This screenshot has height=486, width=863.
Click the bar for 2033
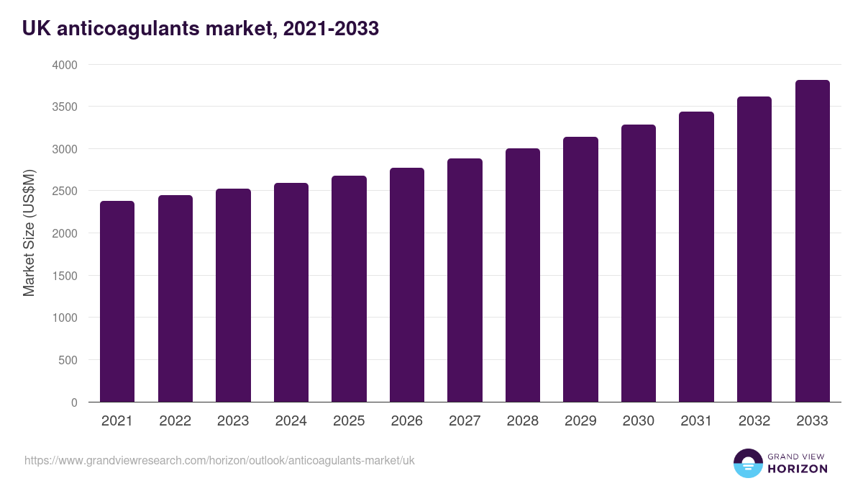coord(812,241)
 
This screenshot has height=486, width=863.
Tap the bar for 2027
coord(465,280)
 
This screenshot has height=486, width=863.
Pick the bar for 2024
coord(291,292)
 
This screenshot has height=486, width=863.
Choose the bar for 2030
coord(638,263)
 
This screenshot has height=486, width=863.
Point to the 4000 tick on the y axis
coord(65,65)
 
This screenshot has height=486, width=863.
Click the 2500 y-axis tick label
coord(65,191)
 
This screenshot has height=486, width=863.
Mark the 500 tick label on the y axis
coord(68,360)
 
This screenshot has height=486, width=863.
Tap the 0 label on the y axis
coord(74,402)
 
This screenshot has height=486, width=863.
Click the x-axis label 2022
coord(175,421)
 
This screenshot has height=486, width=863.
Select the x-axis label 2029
coord(580,421)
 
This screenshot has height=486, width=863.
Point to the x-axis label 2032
coord(754,421)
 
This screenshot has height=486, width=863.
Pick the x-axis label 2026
coord(406,421)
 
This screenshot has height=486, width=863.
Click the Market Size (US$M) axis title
coord(29,233)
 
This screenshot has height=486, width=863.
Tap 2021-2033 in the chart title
coord(331,29)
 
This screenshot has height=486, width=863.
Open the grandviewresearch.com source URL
coord(219,460)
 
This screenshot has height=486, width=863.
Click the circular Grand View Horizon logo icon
coord(747,463)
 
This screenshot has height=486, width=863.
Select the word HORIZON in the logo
coord(797,469)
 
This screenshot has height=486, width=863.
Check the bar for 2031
coord(696,257)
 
